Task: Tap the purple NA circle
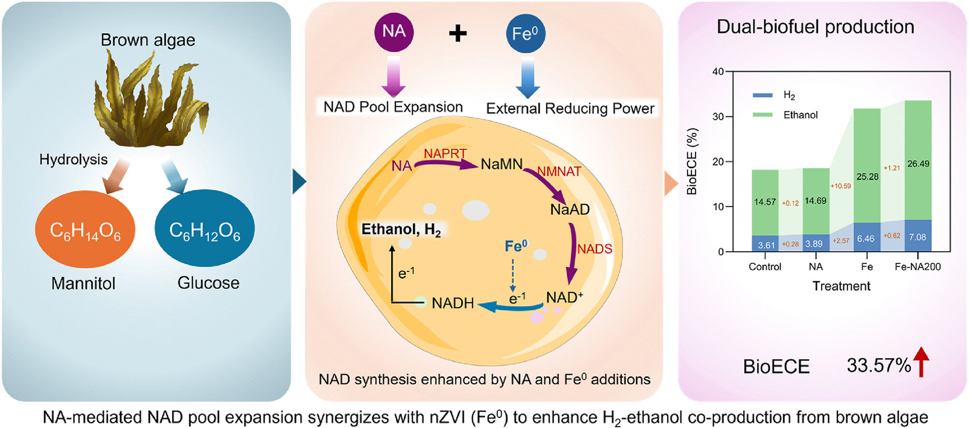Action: (394, 32)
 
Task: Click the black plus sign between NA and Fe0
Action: (458, 33)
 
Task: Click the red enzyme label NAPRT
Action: (445, 154)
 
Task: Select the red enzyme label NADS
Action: (595, 249)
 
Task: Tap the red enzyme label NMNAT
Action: (559, 171)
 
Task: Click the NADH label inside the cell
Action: (453, 303)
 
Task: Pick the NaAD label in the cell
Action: (570, 210)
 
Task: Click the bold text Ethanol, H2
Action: (401, 229)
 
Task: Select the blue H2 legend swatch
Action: (762, 96)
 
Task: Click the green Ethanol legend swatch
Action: (762, 115)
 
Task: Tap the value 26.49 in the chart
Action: (918, 164)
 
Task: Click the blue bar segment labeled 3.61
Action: (765, 244)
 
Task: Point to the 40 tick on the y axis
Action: (718, 72)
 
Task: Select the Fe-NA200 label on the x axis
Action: (918, 267)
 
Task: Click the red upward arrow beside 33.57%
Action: (922, 362)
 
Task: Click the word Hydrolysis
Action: (74, 159)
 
